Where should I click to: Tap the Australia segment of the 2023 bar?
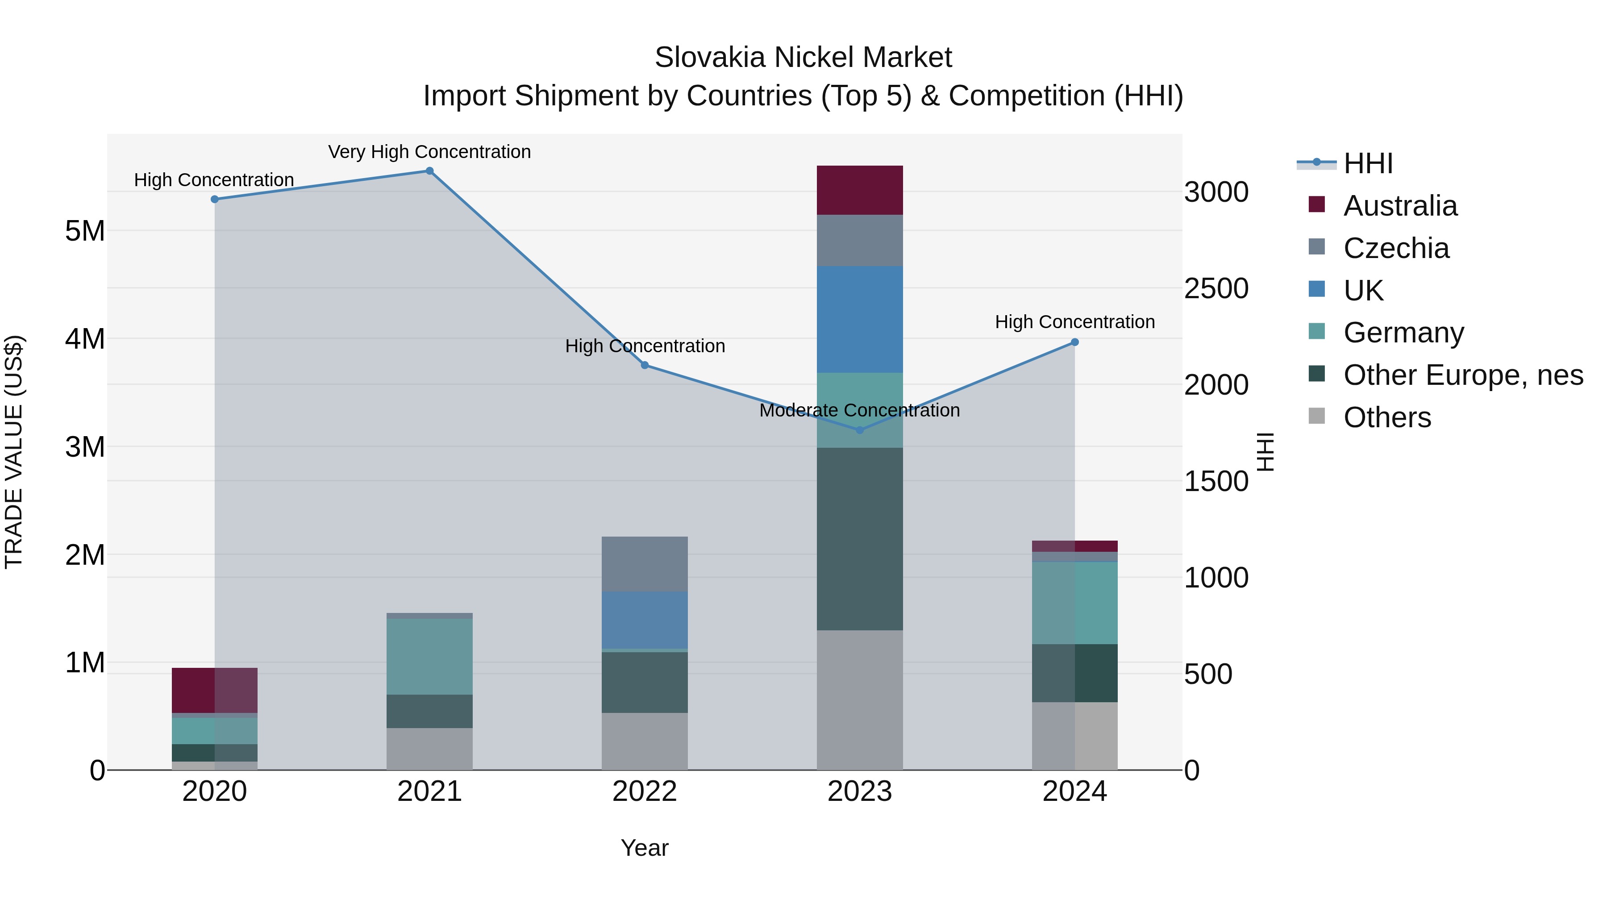860,190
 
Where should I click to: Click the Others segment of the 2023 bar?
860,700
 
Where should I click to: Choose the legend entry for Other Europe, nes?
1462,375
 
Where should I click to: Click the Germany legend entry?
1403,333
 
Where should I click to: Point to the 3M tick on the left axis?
85,447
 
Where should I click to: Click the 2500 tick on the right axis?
1216,288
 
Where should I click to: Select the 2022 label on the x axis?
645,792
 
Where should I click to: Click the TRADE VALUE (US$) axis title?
14,452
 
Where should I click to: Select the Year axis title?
645,848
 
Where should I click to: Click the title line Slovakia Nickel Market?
803,58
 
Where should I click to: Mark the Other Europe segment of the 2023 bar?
860,538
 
